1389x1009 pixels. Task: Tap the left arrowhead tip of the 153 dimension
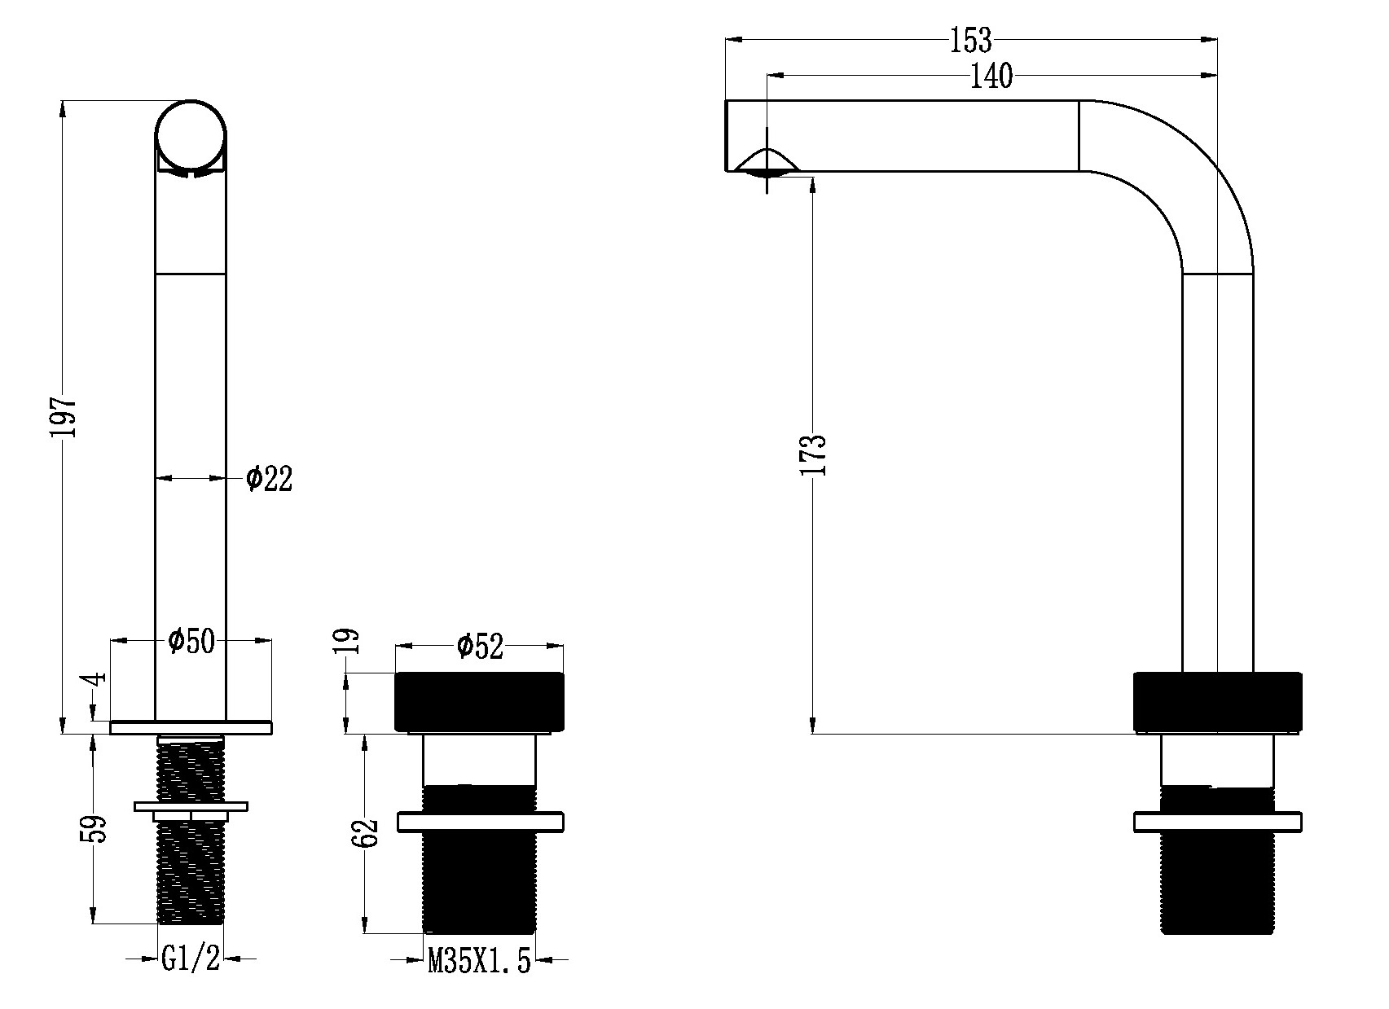[x=726, y=40]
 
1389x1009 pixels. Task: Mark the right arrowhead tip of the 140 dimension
[x=1216, y=76]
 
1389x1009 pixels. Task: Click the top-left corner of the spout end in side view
[x=726, y=100]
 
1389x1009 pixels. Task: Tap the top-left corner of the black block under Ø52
[x=396, y=673]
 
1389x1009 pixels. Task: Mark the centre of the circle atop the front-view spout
[x=191, y=135]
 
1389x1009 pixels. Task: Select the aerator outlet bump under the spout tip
[x=767, y=162]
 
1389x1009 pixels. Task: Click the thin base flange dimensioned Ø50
[x=191, y=727]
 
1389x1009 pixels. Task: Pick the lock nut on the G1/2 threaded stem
[x=191, y=805]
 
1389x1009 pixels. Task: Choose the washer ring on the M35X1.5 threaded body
[x=480, y=823]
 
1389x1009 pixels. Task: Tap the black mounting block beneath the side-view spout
[x=1217, y=701]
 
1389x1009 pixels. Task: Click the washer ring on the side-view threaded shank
[x=1217, y=822]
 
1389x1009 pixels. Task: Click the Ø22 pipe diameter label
[x=269, y=479]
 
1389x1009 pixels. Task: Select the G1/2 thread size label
[x=191, y=959]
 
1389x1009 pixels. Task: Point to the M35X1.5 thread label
[x=479, y=962]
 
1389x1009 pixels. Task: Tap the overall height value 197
[x=64, y=416]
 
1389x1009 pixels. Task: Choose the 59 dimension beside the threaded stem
[x=94, y=829]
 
